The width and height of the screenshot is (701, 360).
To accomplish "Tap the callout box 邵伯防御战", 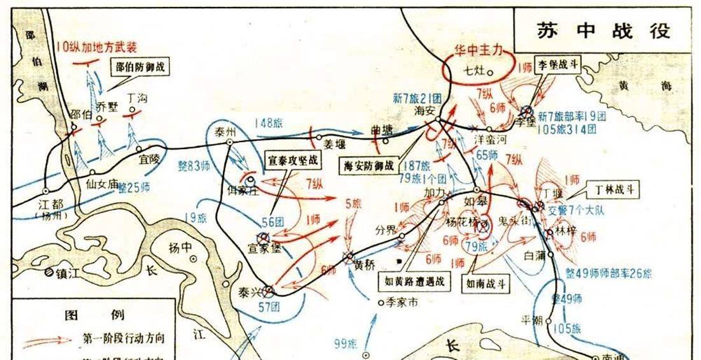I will point(143,65).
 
